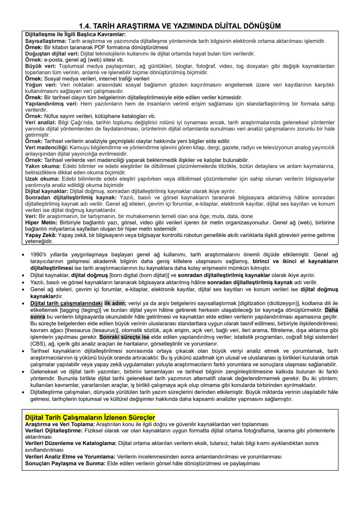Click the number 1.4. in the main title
86,26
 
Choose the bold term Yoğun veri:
41,85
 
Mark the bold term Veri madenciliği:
47,147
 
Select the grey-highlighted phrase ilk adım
114,303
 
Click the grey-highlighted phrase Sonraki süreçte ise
124,337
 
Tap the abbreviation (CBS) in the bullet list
38,344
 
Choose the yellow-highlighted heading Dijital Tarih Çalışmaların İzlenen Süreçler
90,417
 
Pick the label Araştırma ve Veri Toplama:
60,424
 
